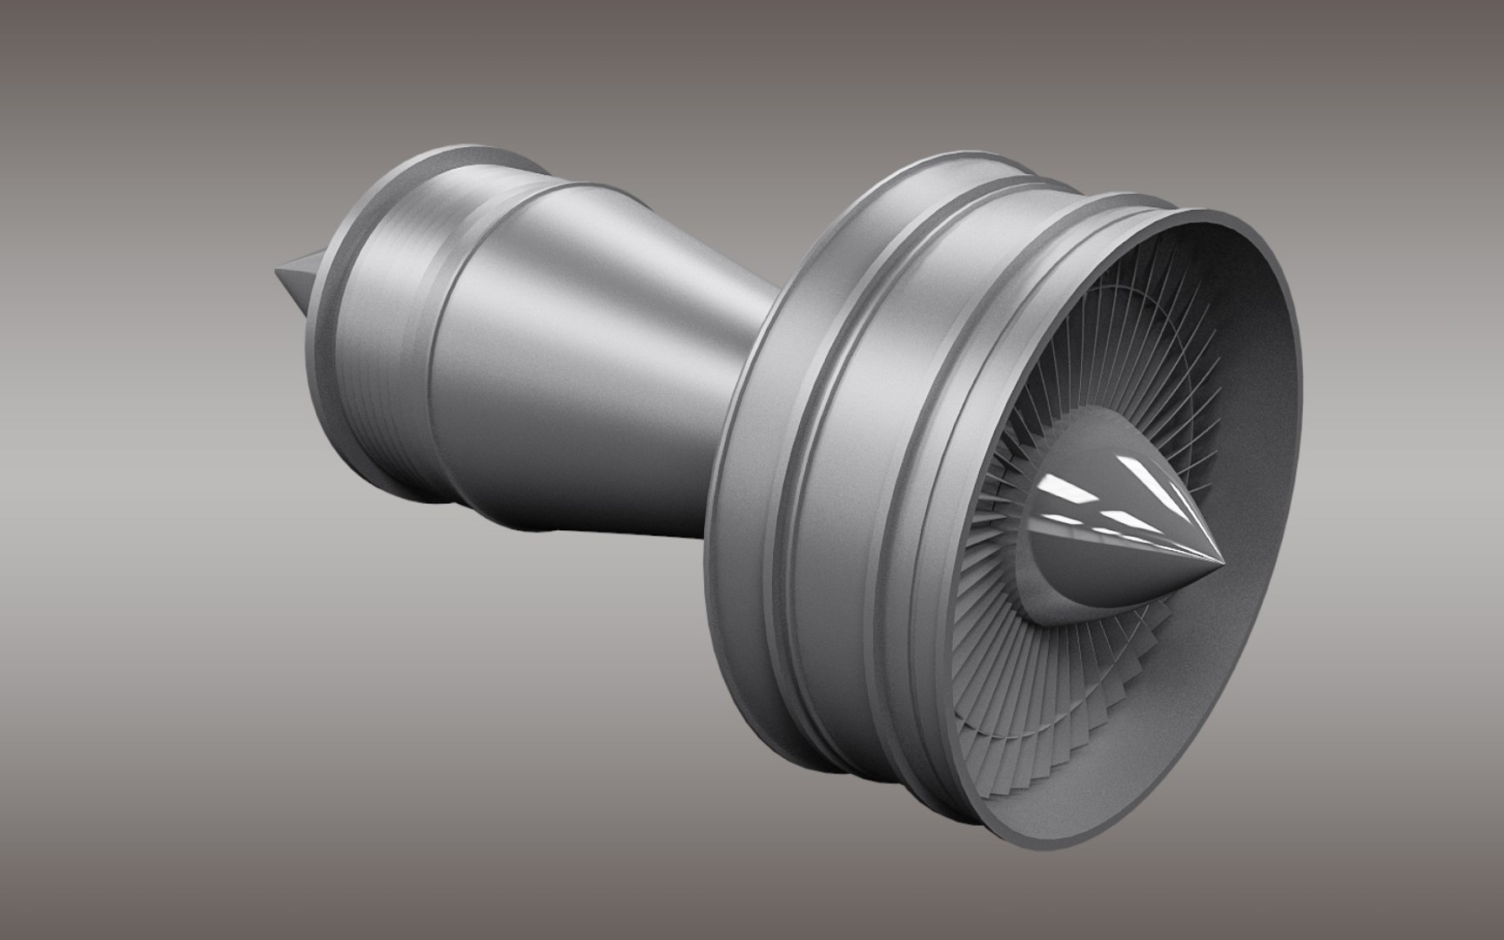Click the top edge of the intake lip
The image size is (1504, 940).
coord(1219,214)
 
